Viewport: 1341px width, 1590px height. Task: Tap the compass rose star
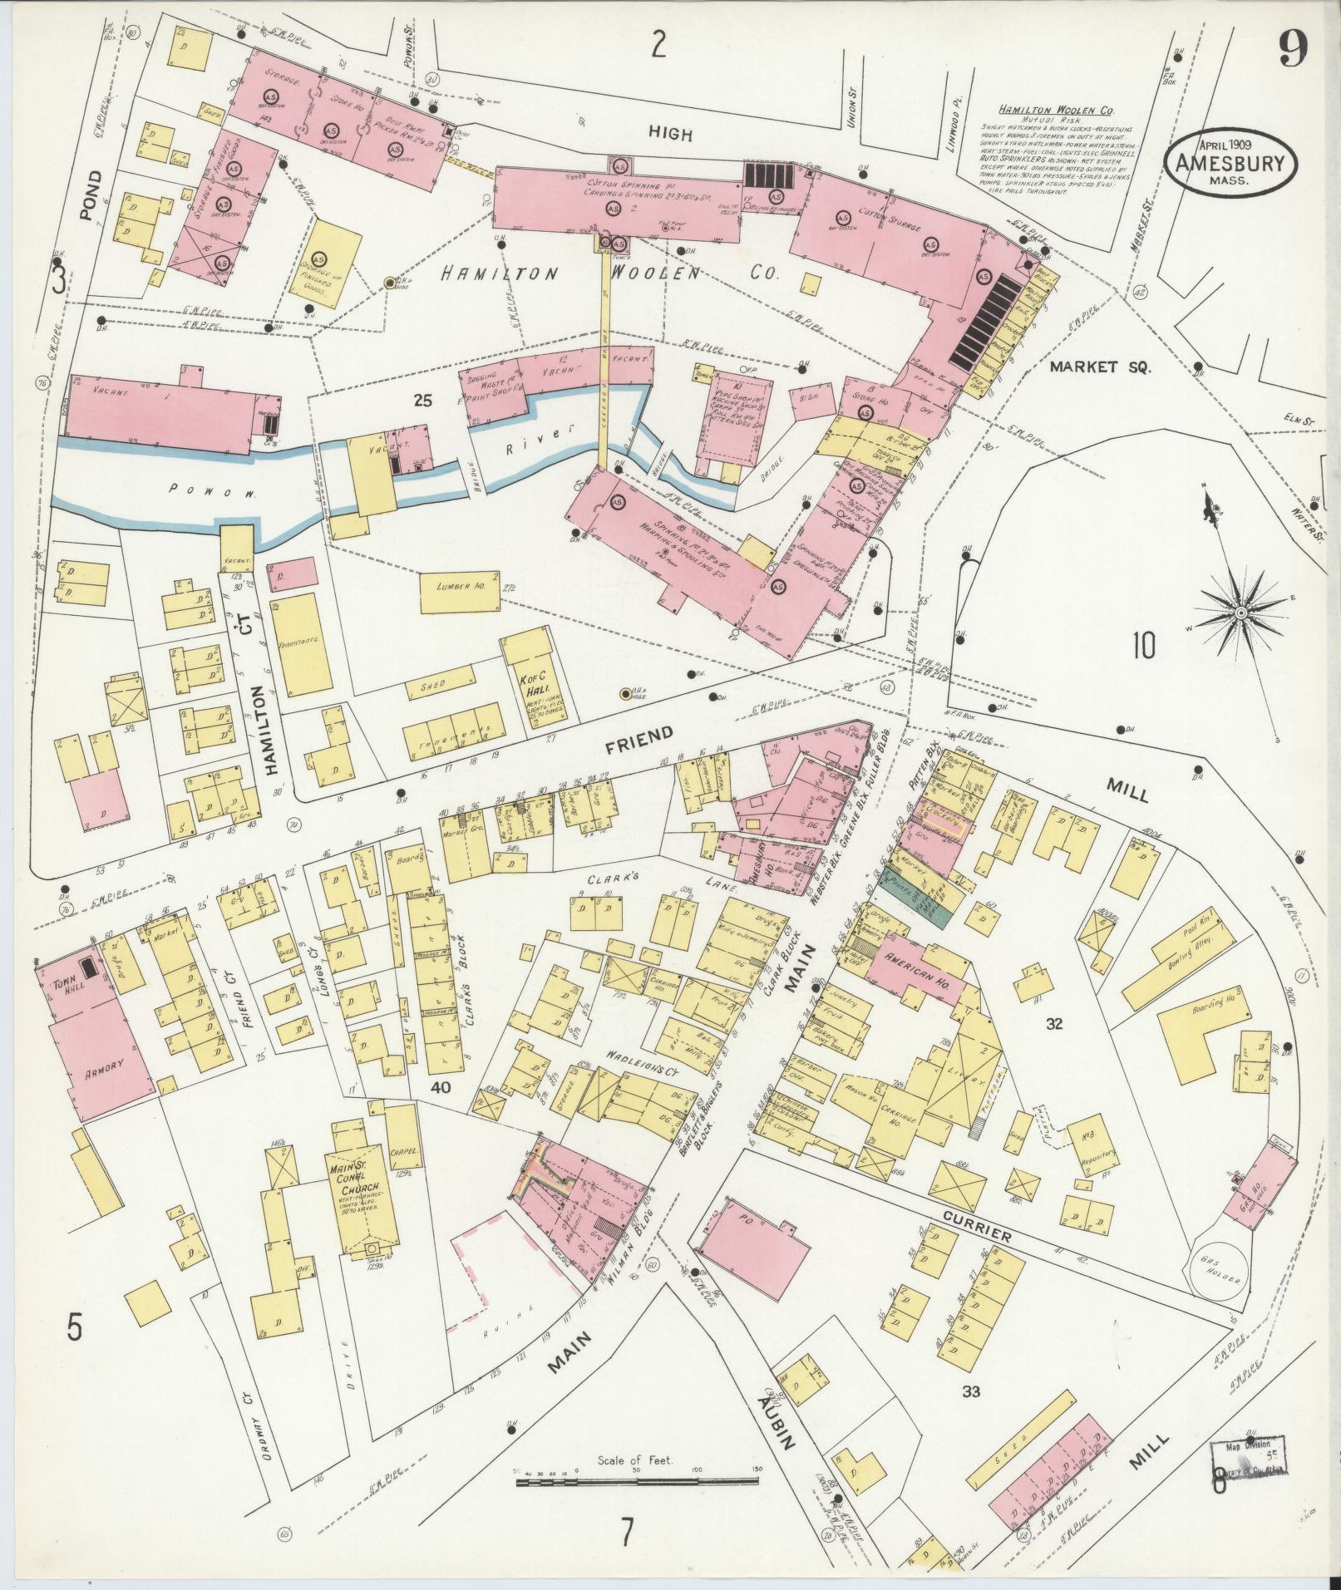1240,613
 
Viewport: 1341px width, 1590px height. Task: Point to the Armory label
104,1066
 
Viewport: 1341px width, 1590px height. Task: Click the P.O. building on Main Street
752,1248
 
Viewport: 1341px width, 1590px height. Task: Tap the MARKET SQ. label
1099,367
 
